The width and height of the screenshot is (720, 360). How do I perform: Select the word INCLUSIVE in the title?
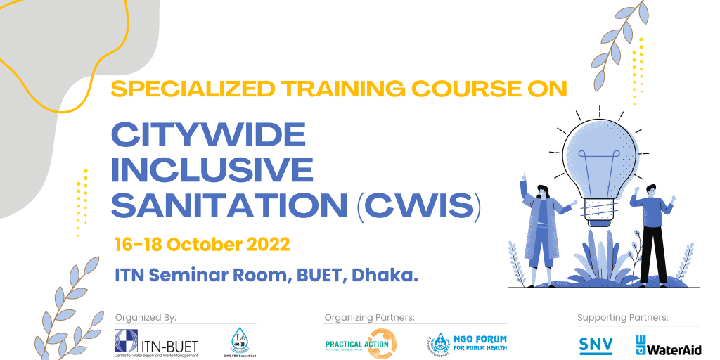pyautogui.click(x=213, y=170)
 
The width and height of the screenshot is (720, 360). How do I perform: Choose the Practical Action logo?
pyautogui.click(x=361, y=344)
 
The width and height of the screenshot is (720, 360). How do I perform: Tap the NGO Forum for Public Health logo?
pyautogui.click(x=468, y=343)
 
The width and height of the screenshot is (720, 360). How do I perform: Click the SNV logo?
pyautogui.click(x=595, y=345)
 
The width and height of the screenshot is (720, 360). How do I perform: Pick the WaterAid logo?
pyautogui.click(x=668, y=345)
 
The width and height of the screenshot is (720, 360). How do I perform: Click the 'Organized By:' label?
pyautogui.click(x=145, y=318)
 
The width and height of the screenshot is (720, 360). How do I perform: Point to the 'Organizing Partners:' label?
pyautogui.click(x=369, y=318)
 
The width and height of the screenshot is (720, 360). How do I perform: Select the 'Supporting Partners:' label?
pyautogui.click(x=622, y=318)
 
